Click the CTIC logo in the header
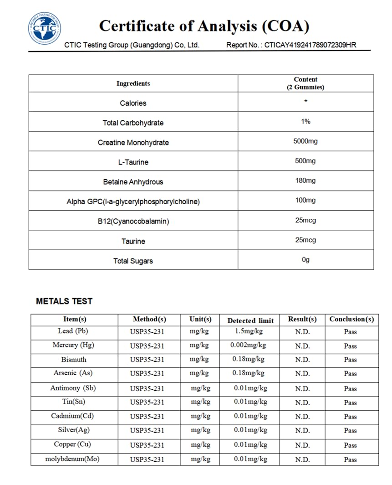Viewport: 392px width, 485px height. (x=45, y=28)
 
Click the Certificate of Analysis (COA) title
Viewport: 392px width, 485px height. (x=204, y=26)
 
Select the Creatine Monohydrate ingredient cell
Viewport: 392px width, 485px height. (x=133, y=143)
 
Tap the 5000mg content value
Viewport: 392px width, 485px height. (x=305, y=141)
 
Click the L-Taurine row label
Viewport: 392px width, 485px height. (x=133, y=162)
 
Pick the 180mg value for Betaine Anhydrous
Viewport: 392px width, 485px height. (x=305, y=181)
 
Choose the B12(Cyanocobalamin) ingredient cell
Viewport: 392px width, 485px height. (x=133, y=222)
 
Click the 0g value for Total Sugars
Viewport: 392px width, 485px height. (x=305, y=259)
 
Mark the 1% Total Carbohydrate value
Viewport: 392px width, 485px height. (x=305, y=121)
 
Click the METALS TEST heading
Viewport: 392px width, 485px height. (x=64, y=301)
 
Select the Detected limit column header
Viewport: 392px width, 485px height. (x=250, y=320)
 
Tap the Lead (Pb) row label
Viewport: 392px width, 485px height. (x=73, y=331)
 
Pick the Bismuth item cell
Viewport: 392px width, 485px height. (x=73, y=360)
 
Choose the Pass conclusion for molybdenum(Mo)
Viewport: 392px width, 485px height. (x=350, y=459)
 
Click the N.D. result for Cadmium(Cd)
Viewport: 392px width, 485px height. (x=302, y=417)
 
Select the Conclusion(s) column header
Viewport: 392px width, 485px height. (x=351, y=319)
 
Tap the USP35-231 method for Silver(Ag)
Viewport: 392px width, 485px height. (x=147, y=431)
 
